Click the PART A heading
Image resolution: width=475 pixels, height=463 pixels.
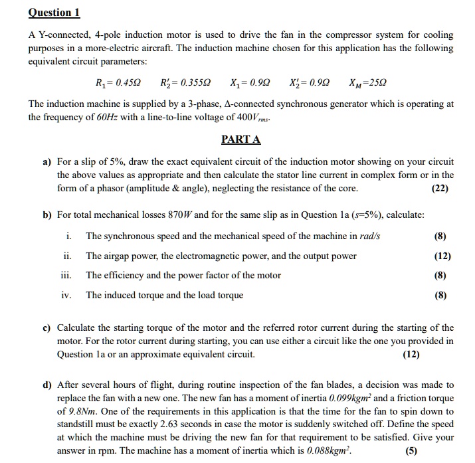point(240,139)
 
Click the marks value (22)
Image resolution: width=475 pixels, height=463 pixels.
point(439,188)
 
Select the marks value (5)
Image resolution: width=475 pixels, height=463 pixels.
point(442,453)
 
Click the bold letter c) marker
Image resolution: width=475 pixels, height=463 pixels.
point(47,327)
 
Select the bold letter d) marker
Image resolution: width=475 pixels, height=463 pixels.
point(47,385)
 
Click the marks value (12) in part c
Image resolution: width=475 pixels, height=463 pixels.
point(411,354)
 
